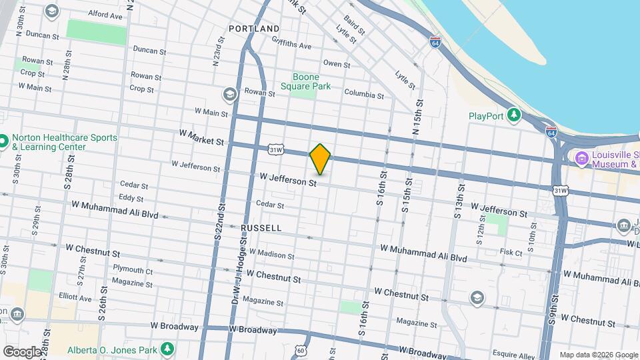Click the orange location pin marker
click(x=320, y=159)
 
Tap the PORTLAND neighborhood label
click(x=254, y=29)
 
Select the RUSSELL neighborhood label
click(x=261, y=228)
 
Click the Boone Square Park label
click(x=305, y=81)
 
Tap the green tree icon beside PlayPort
click(x=514, y=115)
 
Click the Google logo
click(x=22, y=351)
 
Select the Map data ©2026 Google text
click(x=598, y=355)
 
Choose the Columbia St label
click(x=363, y=95)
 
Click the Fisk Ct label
click(x=511, y=253)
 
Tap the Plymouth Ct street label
click(x=132, y=270)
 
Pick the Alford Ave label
click(x=105, y=15)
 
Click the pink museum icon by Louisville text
click(x=580, y=158)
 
